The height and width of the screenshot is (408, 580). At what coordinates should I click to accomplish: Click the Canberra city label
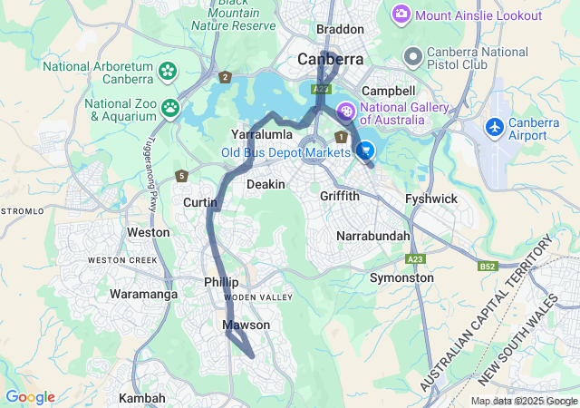click(331, 60)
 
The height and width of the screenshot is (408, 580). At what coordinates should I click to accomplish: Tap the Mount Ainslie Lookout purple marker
click(401, 15)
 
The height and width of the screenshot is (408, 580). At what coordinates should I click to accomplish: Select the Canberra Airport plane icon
click(496, 125)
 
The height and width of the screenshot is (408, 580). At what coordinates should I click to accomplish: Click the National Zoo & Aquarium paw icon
click(170, 109)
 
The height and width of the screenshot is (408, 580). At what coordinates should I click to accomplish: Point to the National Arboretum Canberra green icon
click(167, 71)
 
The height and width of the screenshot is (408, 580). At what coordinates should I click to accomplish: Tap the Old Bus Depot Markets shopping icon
click(366, 151)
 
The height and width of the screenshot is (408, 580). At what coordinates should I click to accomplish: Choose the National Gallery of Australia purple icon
click(345, 112)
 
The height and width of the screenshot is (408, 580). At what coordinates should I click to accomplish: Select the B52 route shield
click(488, 267)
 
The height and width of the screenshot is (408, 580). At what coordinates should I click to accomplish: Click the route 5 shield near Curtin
click(182, 175)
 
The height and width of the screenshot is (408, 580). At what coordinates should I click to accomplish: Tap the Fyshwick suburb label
click(432, 198)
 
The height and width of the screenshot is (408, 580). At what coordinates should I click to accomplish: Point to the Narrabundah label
click(373, 236)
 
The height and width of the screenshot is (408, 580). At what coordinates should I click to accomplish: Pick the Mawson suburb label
click(246, 325)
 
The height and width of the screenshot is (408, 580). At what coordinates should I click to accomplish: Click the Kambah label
click(142, 398)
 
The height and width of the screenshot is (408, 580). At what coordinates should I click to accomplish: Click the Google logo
click(30, 397)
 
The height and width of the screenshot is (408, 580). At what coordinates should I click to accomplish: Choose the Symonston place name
click(401, 277)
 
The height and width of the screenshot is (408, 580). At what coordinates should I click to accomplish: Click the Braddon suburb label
click(340, 29)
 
